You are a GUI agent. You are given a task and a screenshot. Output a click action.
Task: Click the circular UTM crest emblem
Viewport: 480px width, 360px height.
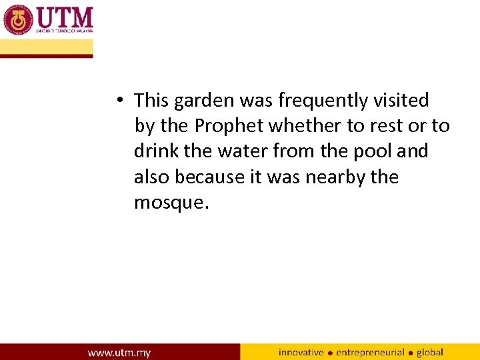[18, 19]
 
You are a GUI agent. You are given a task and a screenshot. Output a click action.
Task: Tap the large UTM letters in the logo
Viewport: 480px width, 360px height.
[65, 17]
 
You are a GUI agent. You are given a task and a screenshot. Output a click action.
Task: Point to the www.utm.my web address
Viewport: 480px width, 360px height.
[119, 352]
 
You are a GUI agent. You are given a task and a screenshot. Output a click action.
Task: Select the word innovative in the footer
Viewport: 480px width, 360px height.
[301, 352]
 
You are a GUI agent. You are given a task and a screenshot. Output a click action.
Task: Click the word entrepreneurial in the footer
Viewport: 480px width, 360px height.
[371, 352]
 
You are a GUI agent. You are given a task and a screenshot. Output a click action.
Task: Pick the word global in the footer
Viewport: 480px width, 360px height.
[430, 352]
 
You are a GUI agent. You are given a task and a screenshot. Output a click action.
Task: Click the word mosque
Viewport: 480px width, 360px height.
[171, 203]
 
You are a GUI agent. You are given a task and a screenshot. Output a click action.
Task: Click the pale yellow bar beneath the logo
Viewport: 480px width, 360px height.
[47, 47]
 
